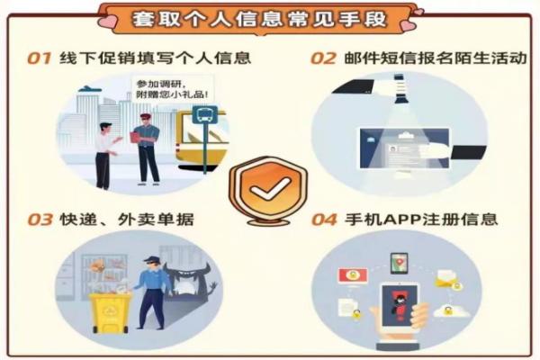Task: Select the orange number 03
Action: coord(40,219)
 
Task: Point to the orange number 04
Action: coord(323,219)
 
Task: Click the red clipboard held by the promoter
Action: coord(136,137)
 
